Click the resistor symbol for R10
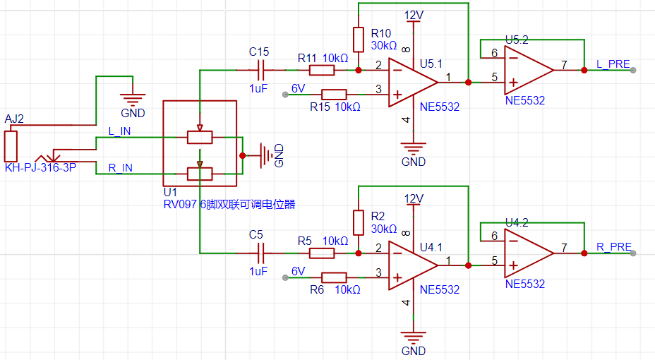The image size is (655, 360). click(x=359, y=40)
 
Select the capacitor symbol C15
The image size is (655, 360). click(x=261, y=70)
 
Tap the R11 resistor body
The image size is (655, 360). click(x=322, y=70)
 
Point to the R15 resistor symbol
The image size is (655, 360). click(x=334, y=95)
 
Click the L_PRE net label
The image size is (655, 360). click(x=613, y=64)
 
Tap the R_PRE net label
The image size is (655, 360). click(x=613, y=247)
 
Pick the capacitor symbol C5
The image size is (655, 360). click(x=261, y=253)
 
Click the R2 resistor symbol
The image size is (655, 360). click(x=359, y=222)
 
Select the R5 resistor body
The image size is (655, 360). click(x=322, y=253)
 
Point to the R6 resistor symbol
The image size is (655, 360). click(x=334, y=277)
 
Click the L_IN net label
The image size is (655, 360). click(x=119, y=131)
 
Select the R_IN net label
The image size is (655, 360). click(x=120, y=168)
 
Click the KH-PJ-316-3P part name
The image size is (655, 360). click(x=40, y=167)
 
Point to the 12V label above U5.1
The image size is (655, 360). click(x=414, y=16)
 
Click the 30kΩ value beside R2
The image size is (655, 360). click(x=384, y=229)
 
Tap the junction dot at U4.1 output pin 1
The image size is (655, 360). click(x=468, y=265)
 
